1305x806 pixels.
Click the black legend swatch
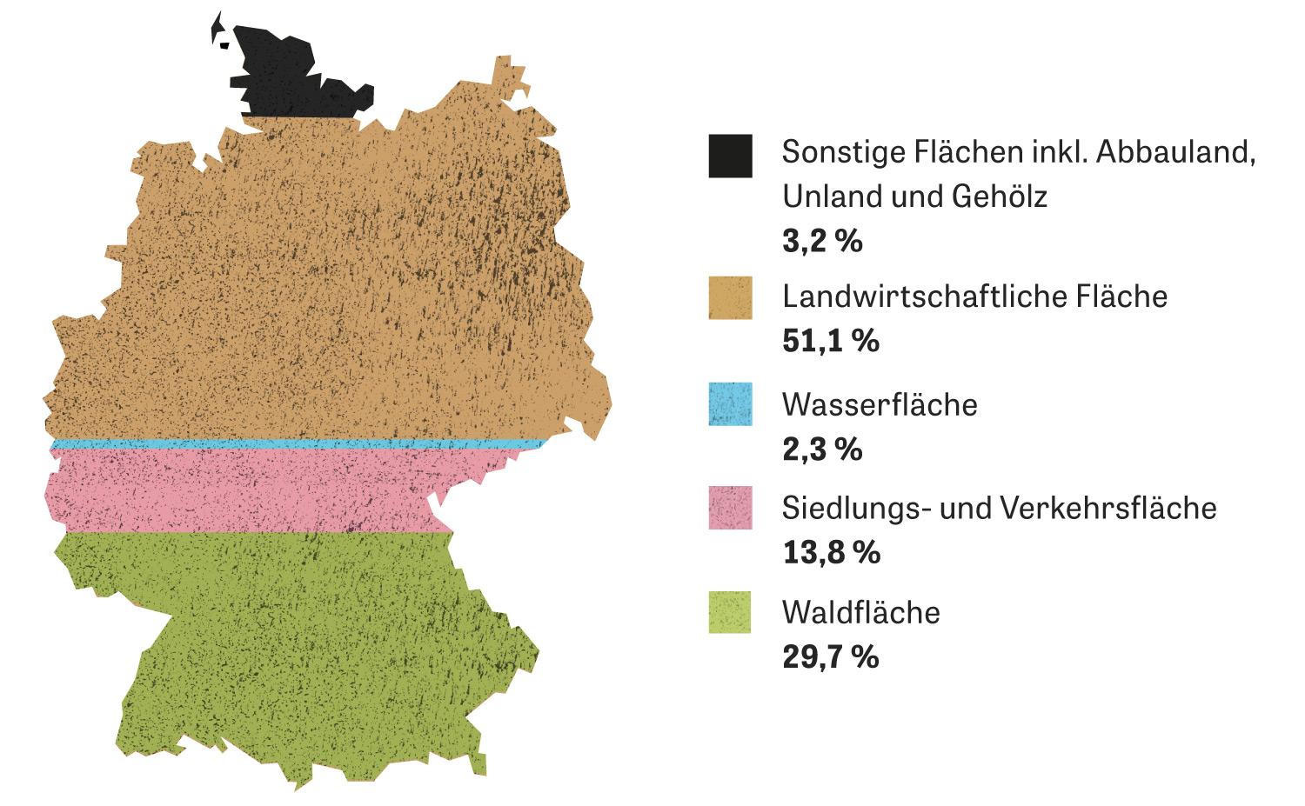coord(730,157)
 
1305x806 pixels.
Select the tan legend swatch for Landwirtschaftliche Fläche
coord(730,298)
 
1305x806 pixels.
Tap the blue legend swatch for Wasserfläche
coord(730,404)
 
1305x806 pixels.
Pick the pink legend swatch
coord(730,508)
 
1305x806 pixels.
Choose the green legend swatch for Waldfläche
coord(730,612)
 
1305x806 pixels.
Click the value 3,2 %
coord(822,241)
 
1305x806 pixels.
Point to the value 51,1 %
coord(831,341)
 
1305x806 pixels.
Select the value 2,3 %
coord(822,450)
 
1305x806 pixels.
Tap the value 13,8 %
coord(831,552)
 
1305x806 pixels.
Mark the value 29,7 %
coord(831,656)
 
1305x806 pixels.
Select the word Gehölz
coord(1000,197)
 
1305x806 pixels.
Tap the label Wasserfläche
coord(880,404)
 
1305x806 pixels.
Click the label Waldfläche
coord(861,612)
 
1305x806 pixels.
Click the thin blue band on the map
coord(296,444)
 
